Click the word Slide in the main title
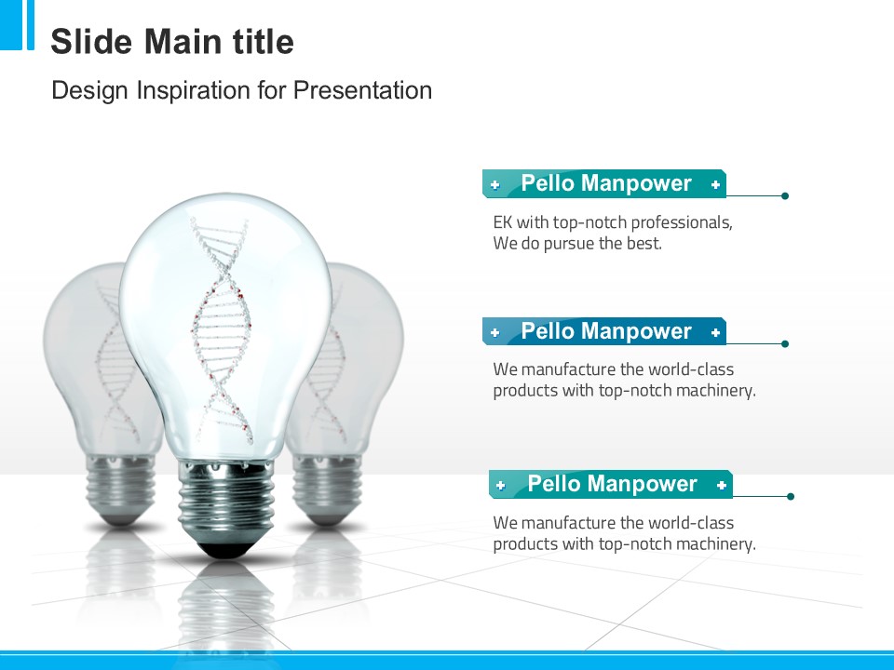pyautogui.click(x=92, y=42)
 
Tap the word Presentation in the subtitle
pyautogui.click(x=362, y=90)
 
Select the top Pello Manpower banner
pyautogui.click(x=604, y=183)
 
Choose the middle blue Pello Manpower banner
pyautogui.click(x=604, y=331)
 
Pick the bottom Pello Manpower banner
pyautogui.click(x=611, y=484)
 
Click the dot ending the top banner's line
pyautogui.click(x=785, y=196)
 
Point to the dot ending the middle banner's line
pyautogui.click(x=785, y=343)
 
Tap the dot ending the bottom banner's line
pyautogui.click(x=791, y=496)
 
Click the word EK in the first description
pyautogui.click(x=502, y=222)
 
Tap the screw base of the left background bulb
pyautogui.click(x=120, y=486)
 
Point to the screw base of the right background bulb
pyautogui.click(x=326, y=486)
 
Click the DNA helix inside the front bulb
pyautogui.click(x=222, y=329)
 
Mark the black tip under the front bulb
pyautogui.click(x=225, y=549)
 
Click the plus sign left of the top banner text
pyautogui.click(x=494, y=184)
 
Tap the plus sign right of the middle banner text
pyautogui.click(x=715, y=332)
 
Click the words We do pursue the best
pyautogui.click(x=577, y=244)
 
